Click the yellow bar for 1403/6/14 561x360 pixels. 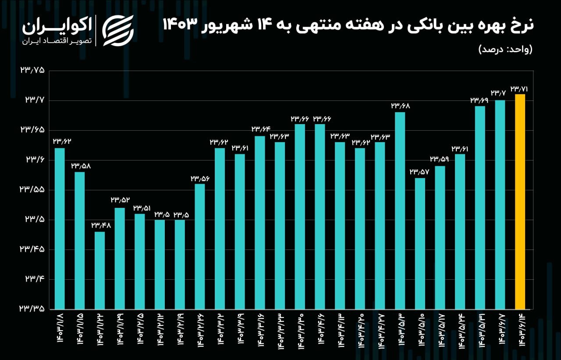click(520, 202)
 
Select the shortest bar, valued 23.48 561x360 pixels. click(99, 270)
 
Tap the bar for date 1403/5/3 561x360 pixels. click(400, 210)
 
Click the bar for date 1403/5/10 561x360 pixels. click(420, 243)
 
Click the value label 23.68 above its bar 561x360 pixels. click(400, 106)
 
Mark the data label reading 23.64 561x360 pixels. click(259, 129)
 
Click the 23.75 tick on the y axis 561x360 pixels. click(32, 71)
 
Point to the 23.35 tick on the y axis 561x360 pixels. click(32, 309)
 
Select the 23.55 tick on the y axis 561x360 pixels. click(32, 190)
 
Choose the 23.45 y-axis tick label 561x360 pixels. click(32, 250)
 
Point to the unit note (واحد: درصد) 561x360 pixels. click(505, 49)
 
